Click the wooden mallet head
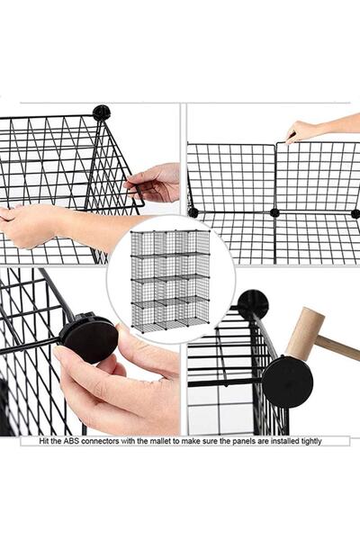point(305,333)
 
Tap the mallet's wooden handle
point(338,347)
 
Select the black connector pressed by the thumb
point(88,337)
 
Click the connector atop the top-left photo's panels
point(102,112)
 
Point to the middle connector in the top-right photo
point(274,212)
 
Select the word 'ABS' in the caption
point(70,441)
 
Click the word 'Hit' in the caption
point(44,441)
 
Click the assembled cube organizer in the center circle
point(170,280)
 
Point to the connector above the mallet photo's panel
point(253,303)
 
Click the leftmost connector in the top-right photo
point(193,212)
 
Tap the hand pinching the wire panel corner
point(153,183)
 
